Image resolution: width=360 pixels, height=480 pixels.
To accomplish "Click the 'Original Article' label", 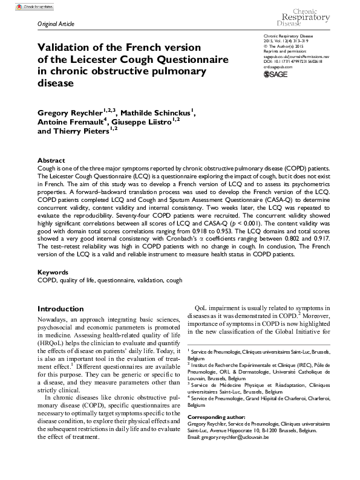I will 56,25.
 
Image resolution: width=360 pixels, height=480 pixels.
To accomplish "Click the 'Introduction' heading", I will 61,308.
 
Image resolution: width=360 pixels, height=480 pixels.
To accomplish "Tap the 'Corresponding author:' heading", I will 217,418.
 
